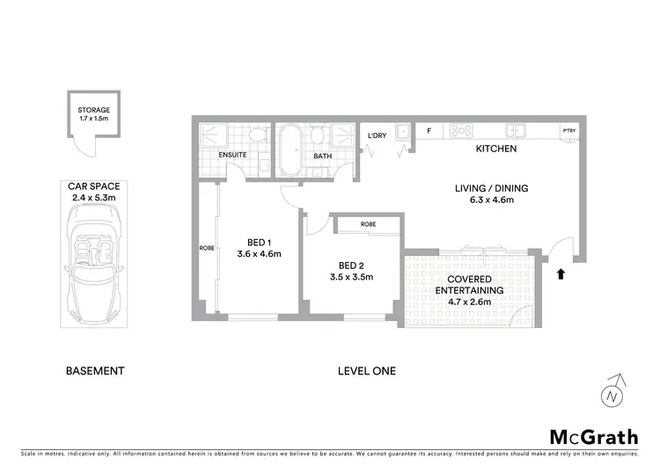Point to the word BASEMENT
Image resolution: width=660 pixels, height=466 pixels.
[x=95, y=371]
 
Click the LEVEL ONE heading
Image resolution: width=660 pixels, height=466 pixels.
[x=367, y=371]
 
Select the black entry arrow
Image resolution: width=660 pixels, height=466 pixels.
[x=560, y=274]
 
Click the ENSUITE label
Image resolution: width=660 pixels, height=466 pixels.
[x=233, y=155]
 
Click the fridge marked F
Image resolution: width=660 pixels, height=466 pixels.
[x=429, y=132]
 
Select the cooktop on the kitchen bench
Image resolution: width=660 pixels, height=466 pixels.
[x=462, y=131]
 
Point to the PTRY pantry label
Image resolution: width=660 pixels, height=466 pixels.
[x=570, y=132]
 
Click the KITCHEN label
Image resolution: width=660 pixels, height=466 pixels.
[x=495, y=149]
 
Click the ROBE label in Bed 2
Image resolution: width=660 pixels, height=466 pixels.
[x=368, y=224]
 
